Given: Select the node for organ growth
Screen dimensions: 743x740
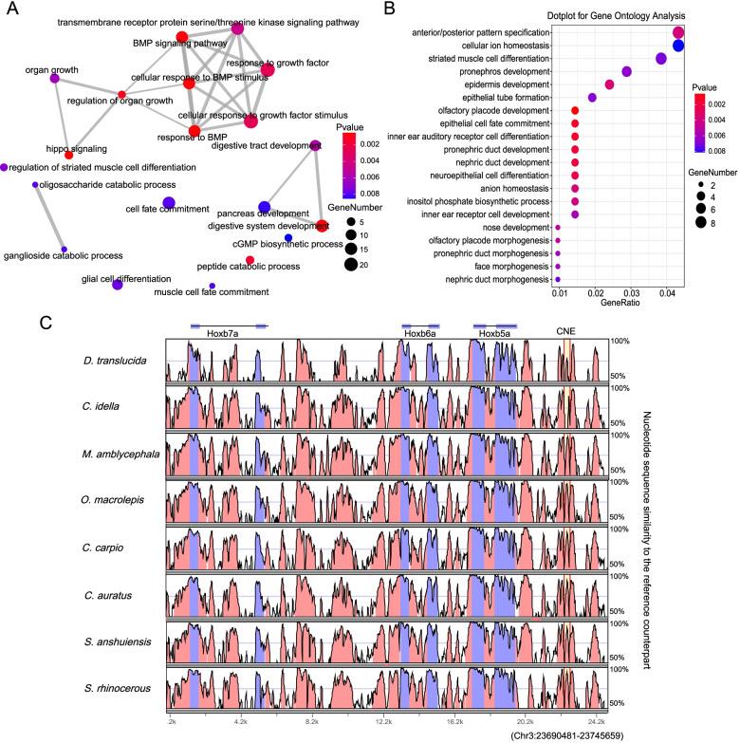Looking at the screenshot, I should tap(54, 78).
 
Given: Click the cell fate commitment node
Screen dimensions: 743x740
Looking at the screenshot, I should tap(169, 202).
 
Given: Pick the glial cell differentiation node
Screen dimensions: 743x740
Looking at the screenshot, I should tap(118, 284).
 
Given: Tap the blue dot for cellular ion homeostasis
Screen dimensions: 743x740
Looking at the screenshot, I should tap(678, 46).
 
